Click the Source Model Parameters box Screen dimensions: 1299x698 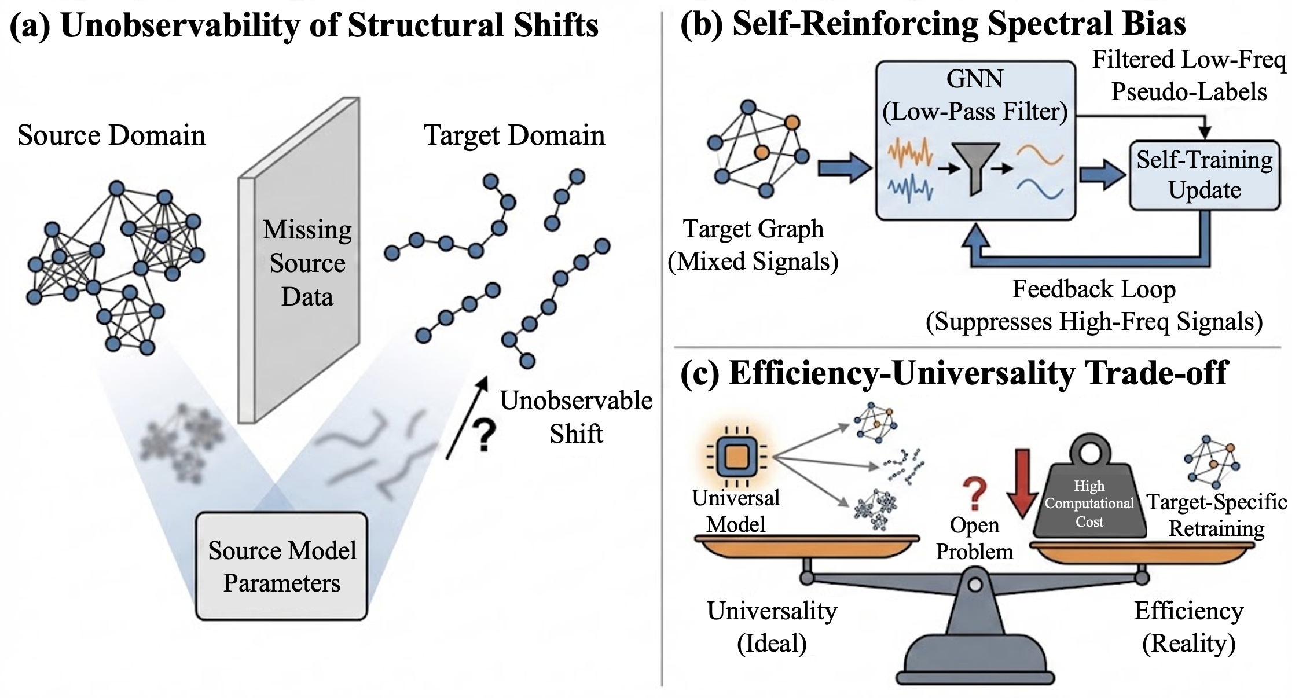click(x=281, y=566)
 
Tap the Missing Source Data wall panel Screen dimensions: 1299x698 click(x=300, y=260)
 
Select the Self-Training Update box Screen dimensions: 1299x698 click(x=1205, y=175)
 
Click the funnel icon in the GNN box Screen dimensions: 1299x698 click(x=976, y=168)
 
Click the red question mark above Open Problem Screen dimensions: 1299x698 click(x=975, y=494)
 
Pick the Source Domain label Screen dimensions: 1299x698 click(x=111, y=135)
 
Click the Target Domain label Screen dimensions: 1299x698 click(x=514, y=135)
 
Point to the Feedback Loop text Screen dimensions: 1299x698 click(x=1093, y=289)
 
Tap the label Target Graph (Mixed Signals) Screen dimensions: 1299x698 click(x=753, y=245)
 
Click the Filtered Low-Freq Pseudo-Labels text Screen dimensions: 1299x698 click(x=1189, y=76)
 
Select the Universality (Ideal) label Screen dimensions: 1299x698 click(x=772, y=627)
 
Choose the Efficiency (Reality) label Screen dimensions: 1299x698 click(x=1188, y=627)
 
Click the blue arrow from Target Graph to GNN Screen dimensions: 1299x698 click(x=845, y=168)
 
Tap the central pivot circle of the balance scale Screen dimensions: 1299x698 click(x=975, y=585)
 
